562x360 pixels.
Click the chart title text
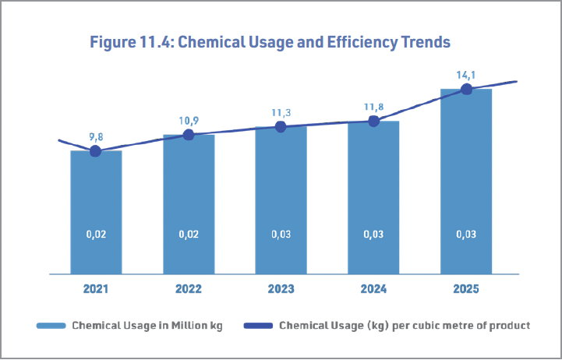270,42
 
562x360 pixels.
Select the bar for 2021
96,212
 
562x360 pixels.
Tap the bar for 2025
466,182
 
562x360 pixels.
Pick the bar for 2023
281,200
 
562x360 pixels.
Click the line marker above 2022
189,135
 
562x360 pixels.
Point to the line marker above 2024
373,121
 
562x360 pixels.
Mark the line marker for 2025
466,89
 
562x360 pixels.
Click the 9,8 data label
95,137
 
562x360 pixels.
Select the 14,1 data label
466,76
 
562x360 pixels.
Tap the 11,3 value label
281,113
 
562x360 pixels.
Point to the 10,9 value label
189,121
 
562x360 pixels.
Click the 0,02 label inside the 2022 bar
189,235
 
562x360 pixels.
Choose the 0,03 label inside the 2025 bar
466,235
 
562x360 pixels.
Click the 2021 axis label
96,289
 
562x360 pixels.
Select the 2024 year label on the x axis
373,289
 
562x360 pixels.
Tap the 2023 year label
281,289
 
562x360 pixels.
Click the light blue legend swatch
51,326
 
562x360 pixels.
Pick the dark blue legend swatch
258,326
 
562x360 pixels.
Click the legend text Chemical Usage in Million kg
147,326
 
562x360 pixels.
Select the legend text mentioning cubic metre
405,326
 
